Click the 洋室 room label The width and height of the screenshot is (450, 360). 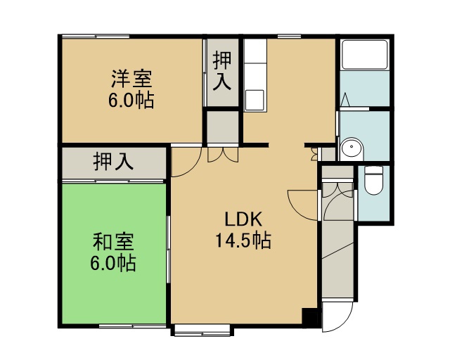coord(131,79)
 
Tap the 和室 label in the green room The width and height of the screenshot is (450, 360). coord(113,242)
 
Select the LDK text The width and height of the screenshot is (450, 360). coord(243,219)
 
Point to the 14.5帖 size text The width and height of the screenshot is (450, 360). coord(243,240)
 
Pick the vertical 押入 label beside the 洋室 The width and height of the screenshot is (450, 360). coord(222,71)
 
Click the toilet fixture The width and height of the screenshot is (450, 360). coord(373,181)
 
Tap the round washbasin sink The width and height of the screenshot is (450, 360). coord(352,147)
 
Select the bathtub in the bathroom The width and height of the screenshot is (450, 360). coord(365,54)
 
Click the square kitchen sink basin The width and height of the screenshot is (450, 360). coord(255,100)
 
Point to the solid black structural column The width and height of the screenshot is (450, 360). coord(309,316)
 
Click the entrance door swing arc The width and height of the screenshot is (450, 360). coord(343,323)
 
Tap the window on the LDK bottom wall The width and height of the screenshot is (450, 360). coord(202,330)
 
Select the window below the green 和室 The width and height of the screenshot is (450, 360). coord(133,326)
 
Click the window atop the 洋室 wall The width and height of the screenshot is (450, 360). coord(96,37)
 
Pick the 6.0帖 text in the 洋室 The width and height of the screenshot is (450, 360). coord(131,101)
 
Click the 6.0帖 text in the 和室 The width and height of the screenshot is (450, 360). coord(113,263)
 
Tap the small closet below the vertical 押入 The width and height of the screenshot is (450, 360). coord(223,127)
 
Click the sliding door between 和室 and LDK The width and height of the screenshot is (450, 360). coord(168,250)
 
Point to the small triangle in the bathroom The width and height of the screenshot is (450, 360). coord(345,99)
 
